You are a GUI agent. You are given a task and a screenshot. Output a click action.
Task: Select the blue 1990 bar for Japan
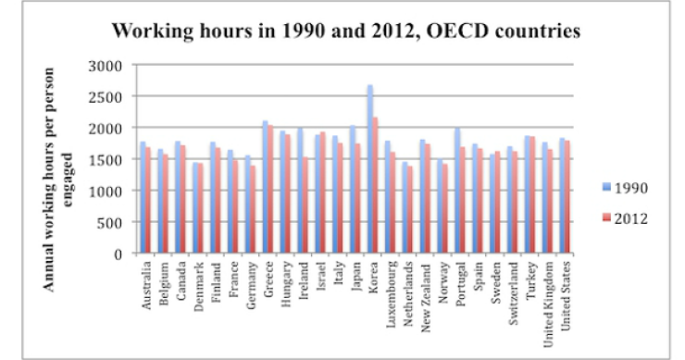pos(353,190)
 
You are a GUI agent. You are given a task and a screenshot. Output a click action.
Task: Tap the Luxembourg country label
pos(389,291)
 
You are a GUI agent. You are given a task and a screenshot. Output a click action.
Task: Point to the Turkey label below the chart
pos(528,278)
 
